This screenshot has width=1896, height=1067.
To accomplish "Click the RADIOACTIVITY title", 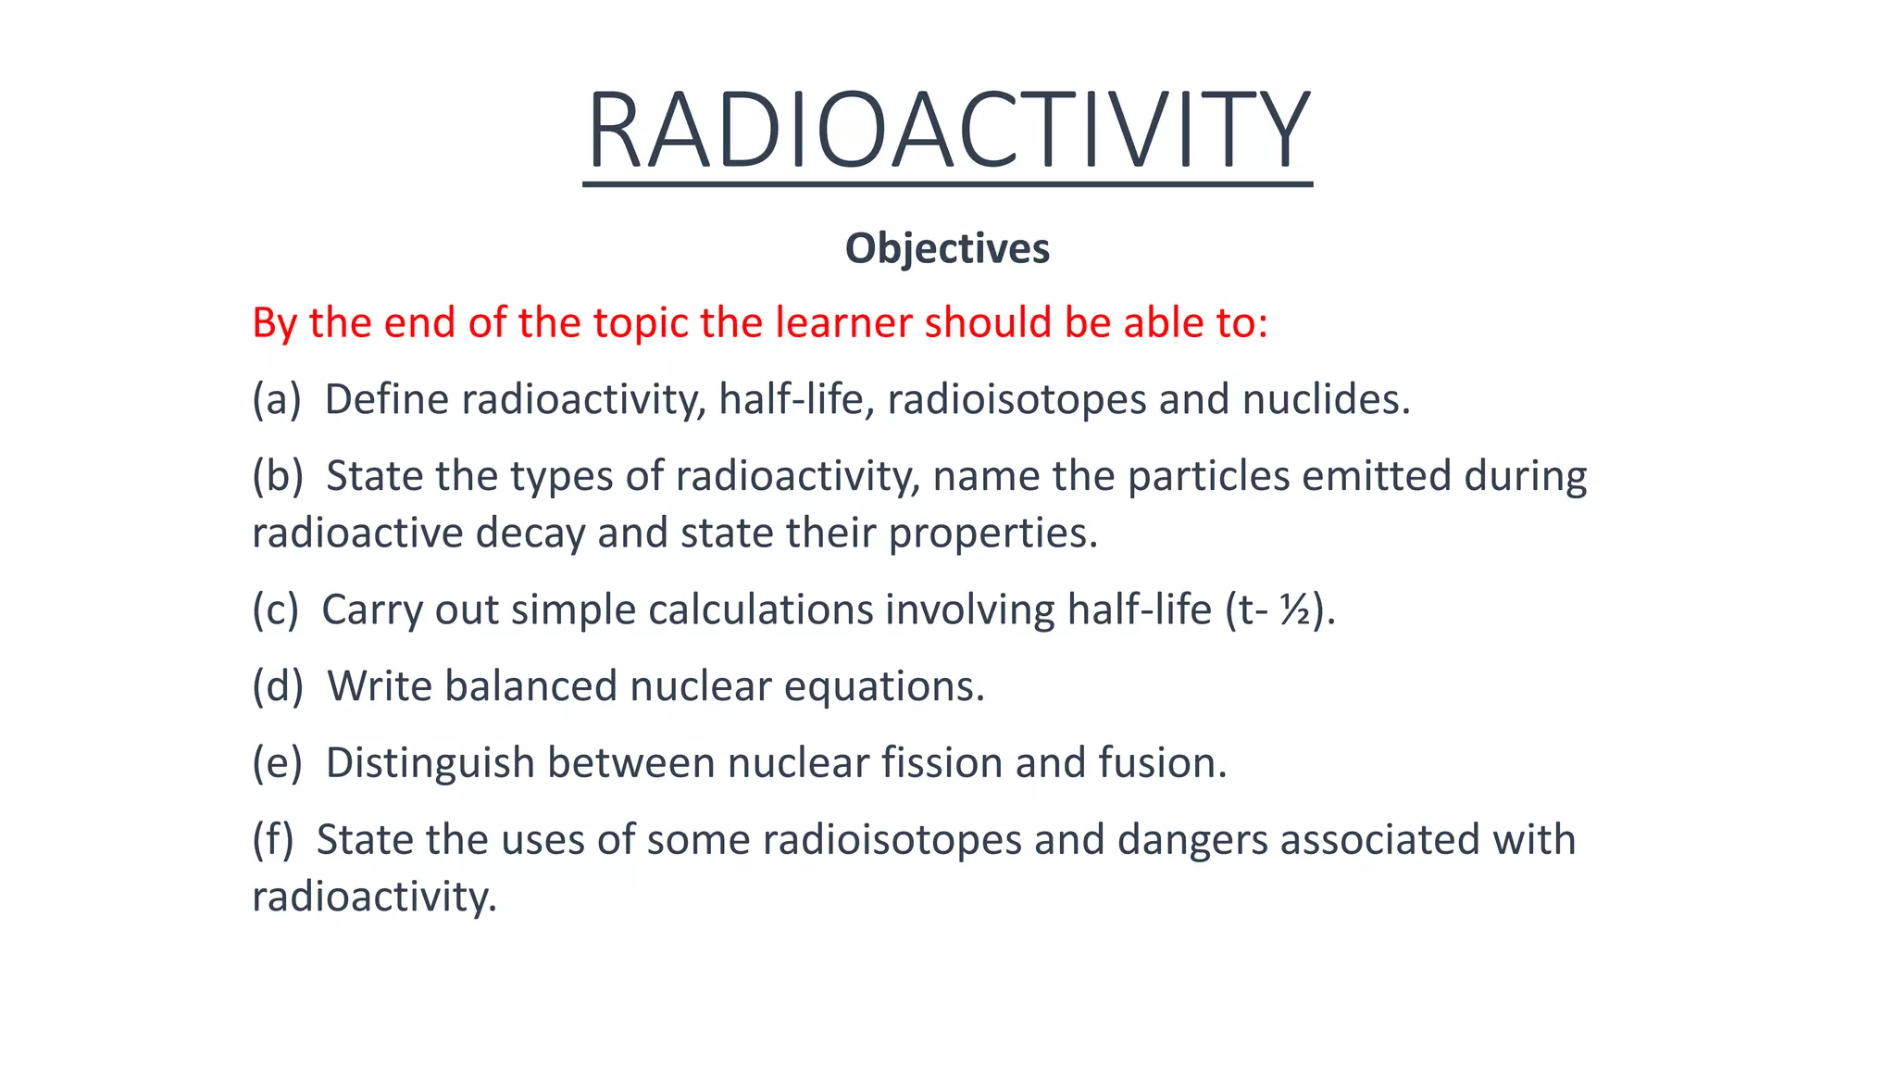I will pyautogui.click(x=947, y=130).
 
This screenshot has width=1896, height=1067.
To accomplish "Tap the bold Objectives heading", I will pyautogui.click(x=947, y=248).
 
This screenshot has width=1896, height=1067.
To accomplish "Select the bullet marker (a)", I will pyautogui.click(x=277, y=400).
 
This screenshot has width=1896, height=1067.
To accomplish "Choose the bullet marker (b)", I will pyautogui.click(x=278, y=476).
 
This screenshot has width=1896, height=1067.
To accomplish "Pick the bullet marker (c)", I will pyautogui.click(x=276, y=610).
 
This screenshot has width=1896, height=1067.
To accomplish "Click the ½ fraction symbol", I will pyautogui.click(x=1295, y=610).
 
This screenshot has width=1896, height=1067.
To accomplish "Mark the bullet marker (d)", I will pyautogui.click(x=278, y=687).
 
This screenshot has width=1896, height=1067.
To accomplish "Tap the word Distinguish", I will pyautogui.click(x=430, y=763).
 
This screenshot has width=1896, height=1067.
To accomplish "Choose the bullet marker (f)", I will pyautogui.click(x=273, y=840).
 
